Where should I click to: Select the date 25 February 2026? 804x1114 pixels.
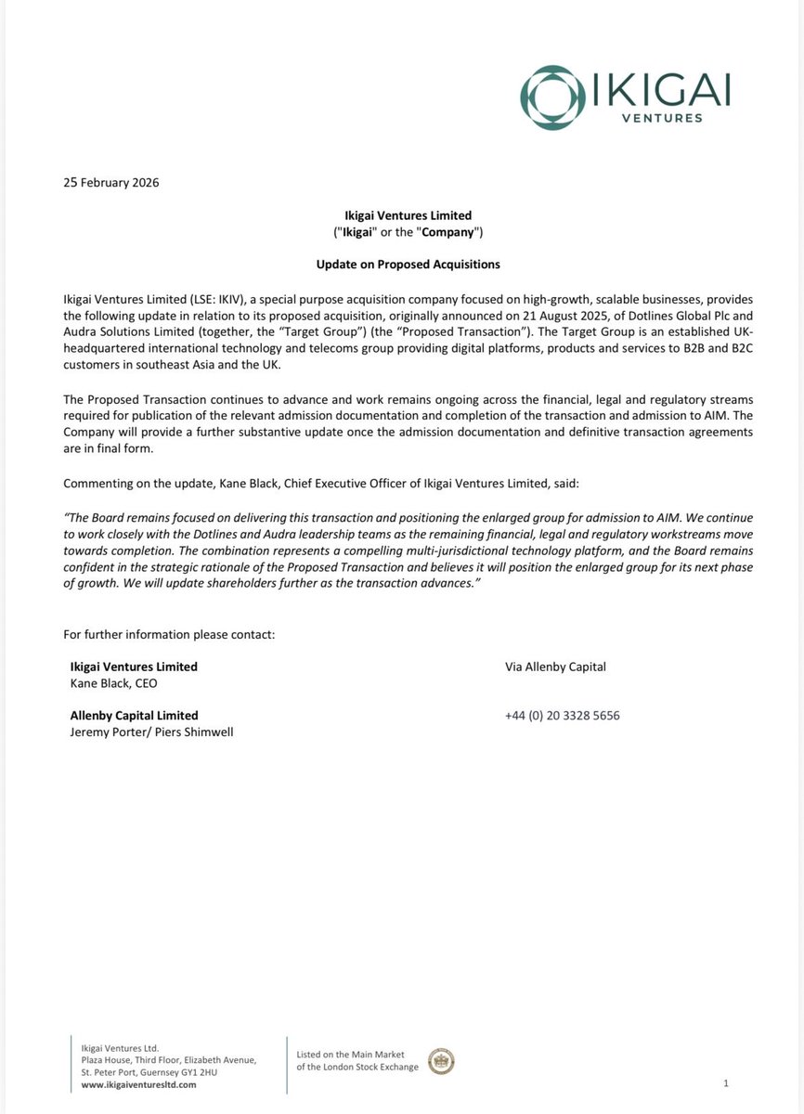pyautogui.click(x=110, y=183)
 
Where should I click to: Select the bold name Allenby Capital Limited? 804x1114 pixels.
pyautogui.click(x=134, y=716)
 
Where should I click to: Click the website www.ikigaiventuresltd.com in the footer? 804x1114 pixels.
pyautogui.click(x=133, y=1085)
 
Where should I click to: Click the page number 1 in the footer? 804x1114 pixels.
pyautogui.click(x=725, y=1083)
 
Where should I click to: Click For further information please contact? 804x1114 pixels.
pyautogui.click(x=169, y=635)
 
